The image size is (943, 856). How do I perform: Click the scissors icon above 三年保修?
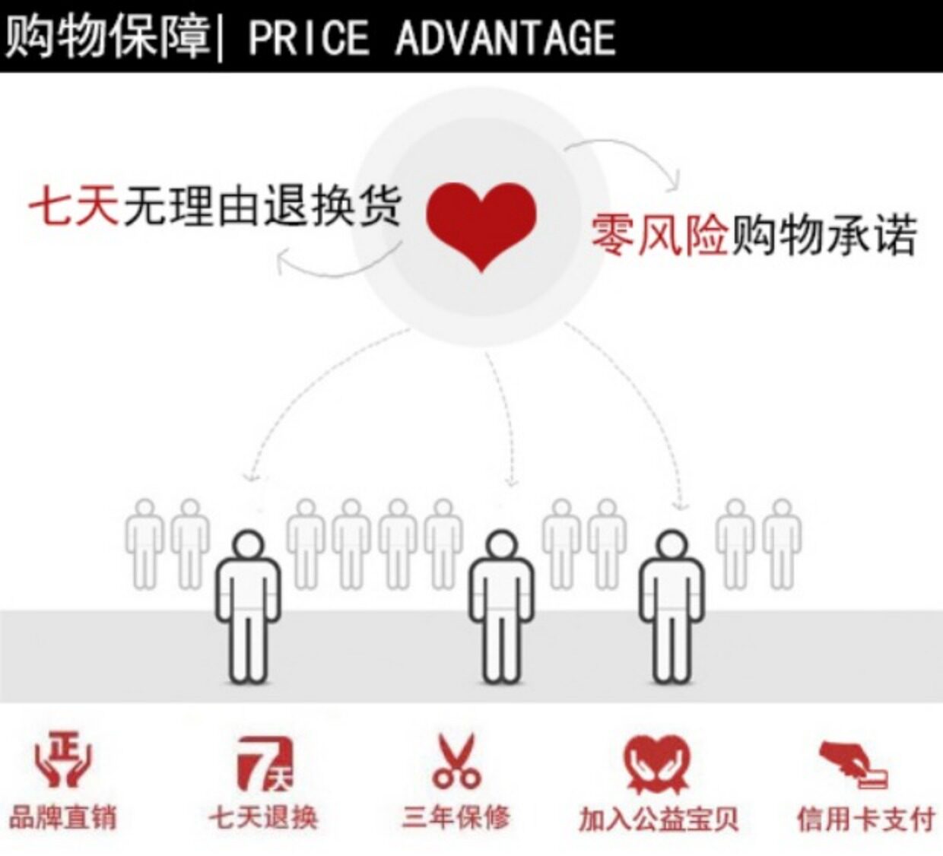coord(456,760)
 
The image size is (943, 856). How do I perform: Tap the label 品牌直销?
coord(62,818)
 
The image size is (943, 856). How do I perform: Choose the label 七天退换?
coord(263,818)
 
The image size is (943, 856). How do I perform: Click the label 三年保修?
coord(456,818)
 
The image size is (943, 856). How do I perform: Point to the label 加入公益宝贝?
coord(659,820)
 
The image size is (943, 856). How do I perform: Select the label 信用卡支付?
coord(865,820)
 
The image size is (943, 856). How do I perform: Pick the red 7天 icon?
coord(264,762)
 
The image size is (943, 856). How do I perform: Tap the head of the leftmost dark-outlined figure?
coord(248,546)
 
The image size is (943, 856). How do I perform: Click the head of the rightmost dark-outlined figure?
coord(672,546)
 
